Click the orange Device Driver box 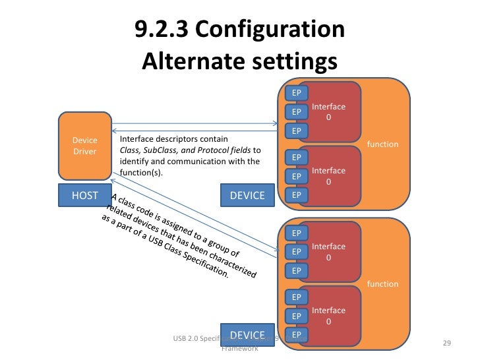pos(84,146)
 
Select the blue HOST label pos(84,195)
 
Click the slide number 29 pos(446,344)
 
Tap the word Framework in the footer pos(239,348)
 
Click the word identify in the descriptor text pos(135,162)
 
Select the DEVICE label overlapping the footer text pos(247,335)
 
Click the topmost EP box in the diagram pos(297,92)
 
